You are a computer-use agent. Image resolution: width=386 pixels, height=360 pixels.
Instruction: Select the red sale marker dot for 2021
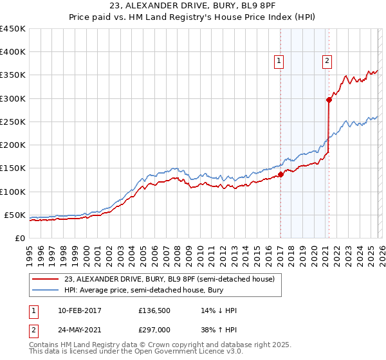point(329,100)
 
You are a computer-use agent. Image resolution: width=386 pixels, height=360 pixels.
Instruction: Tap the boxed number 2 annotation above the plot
point(327,61)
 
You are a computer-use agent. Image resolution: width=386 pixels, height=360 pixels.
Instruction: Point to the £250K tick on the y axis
point(13,122)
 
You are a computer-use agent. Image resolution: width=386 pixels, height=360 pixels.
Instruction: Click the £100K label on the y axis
point(13,192)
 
